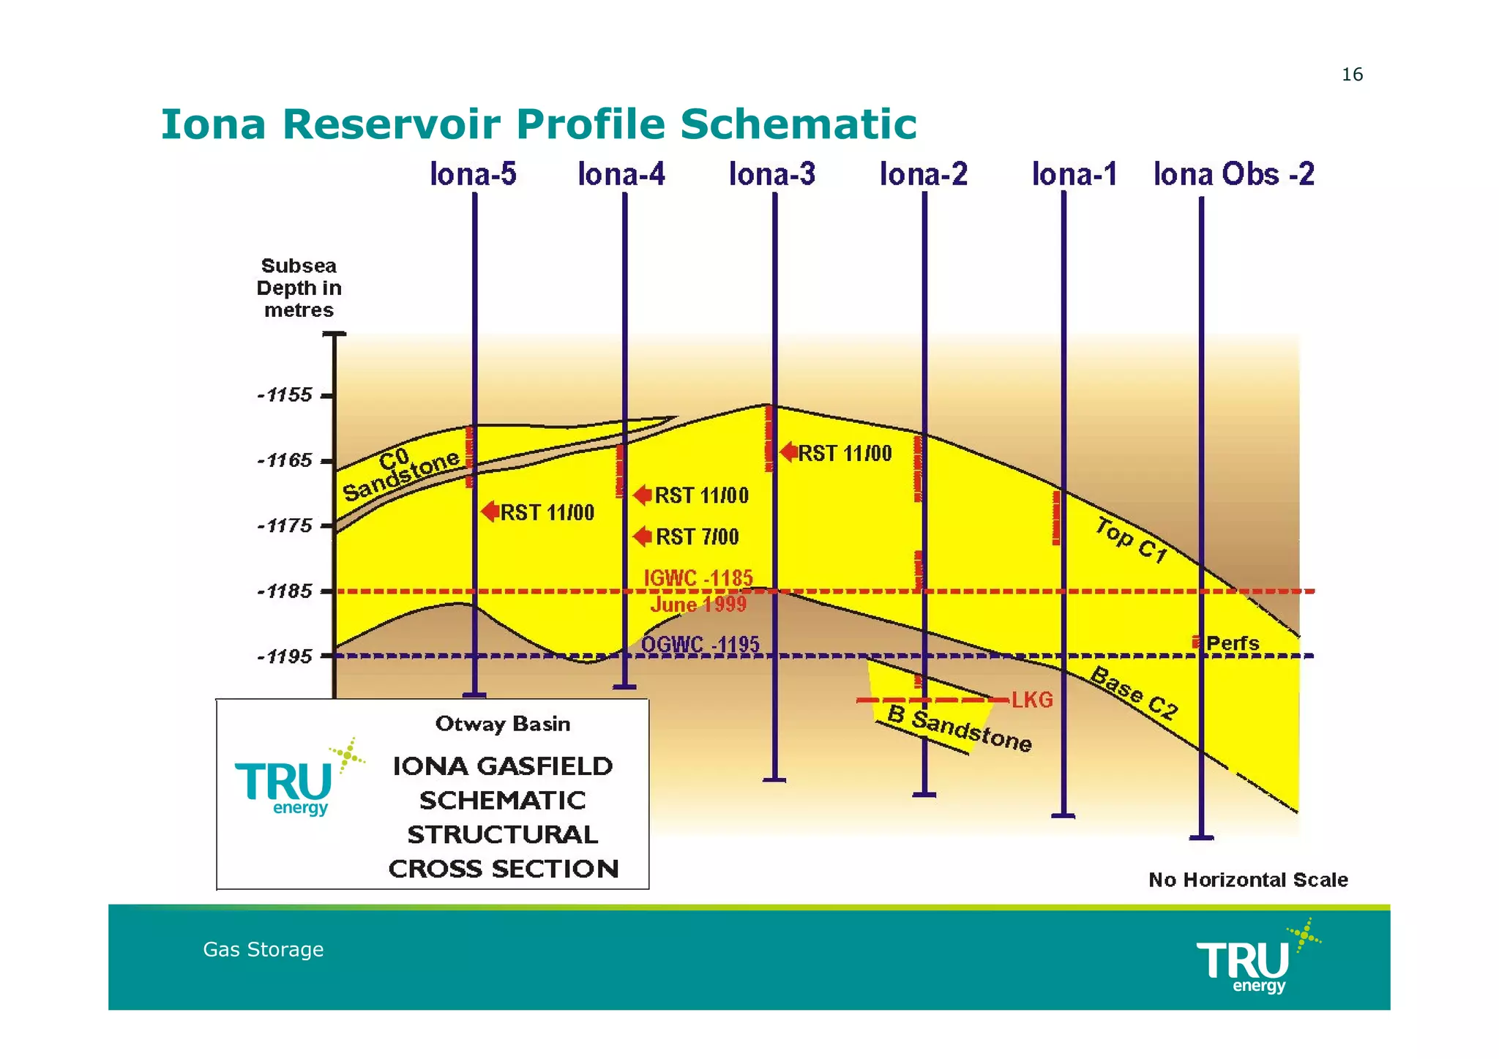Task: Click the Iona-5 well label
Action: pyautogui.click(x=473, y=174)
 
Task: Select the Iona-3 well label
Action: pyautogui.click(x=772, y=174)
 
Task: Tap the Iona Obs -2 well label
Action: pyautogui.click(x=1234, y=174)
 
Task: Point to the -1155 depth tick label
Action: pyautogui.click(x=285, y=395)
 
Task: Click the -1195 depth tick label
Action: pyautogui.click(x=285, y=656)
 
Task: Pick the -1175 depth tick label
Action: pyautogui.click(x=285, y=525)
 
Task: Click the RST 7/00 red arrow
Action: pyautogui.click(x=642, y=536)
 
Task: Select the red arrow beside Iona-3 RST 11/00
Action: pyautogui.click(x=788, y=452)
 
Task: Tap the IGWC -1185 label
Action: pyautogui.click(x=698, y=578)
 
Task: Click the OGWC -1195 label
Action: pyautogui.click(x=700, y=645)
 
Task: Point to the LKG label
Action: pyautogui.click(x=1032, y=700)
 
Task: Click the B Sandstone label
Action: pyautogui.click(x=960, y=729)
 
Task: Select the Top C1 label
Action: pyautogui.click(x=1131, y=540)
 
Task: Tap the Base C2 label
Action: pyautogui.click(x=1134, y=693)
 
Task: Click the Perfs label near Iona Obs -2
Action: pyautogui.click(x=1233, y=643)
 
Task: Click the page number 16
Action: pyautogui.click(x=1352, y=75)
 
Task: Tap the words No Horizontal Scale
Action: pyautogui.click(x=1248, y=880)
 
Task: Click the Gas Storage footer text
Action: pyautogui.click(x=263, y=949)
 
